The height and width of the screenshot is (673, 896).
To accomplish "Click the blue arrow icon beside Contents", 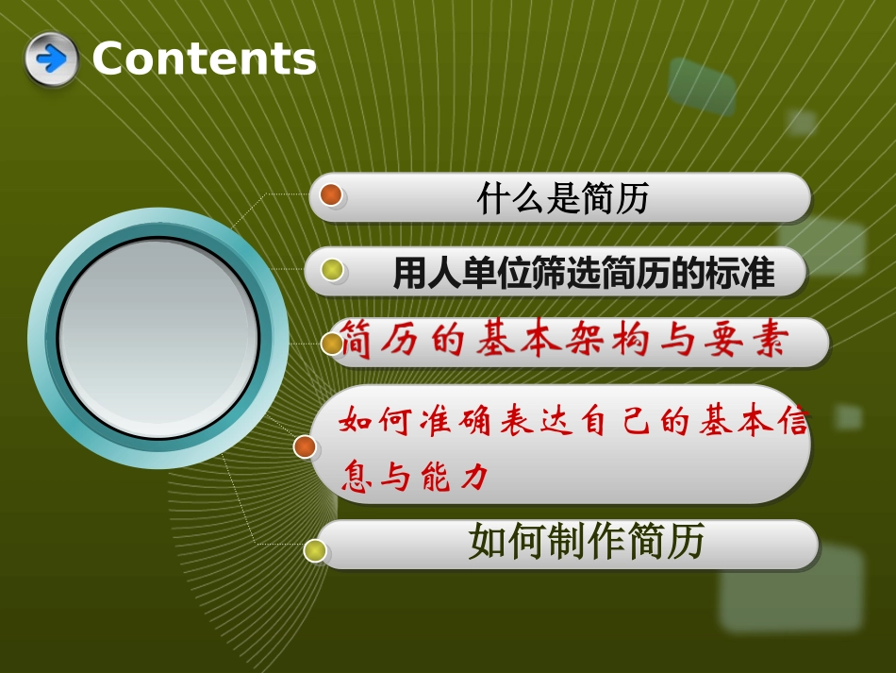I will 51,59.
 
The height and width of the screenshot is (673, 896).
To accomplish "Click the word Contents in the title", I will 204,59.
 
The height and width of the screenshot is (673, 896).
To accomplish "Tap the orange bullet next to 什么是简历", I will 330,195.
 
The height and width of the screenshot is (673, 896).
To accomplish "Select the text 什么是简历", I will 562,199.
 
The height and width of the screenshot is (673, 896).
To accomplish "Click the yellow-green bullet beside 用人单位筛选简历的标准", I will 332,271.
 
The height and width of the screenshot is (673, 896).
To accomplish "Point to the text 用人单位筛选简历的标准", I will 584,274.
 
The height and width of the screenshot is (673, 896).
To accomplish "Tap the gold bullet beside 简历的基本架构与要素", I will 332,344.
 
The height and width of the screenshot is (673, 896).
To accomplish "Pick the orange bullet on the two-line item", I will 305,446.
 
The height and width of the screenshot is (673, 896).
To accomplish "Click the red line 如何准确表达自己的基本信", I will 573,421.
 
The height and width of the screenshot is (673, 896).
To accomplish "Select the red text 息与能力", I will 416,478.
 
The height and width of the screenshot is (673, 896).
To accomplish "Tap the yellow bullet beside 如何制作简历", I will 315,550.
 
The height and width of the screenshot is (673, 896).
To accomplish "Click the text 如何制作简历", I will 586,544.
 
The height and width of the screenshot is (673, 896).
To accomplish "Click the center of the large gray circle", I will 158,338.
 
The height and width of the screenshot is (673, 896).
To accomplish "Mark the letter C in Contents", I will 110,59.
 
